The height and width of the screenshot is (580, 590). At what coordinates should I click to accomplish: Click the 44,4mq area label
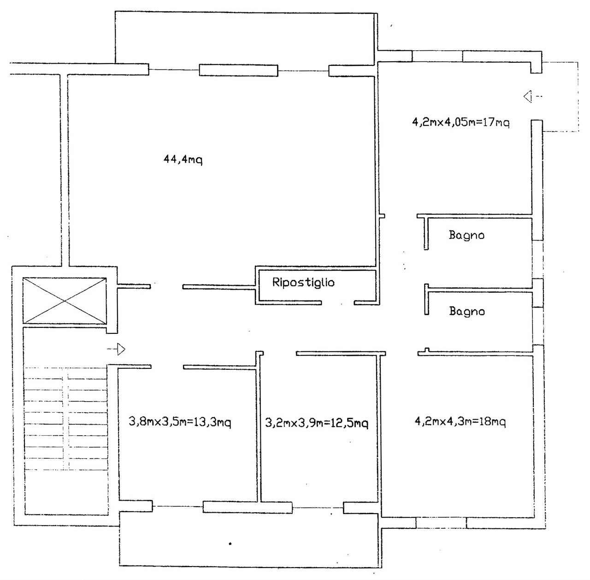(183, 160)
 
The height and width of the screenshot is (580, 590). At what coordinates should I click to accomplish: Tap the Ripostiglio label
(303, 283)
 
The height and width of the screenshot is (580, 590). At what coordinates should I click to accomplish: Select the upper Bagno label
(466, 235)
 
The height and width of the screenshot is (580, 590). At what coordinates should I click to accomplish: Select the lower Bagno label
(467, 311)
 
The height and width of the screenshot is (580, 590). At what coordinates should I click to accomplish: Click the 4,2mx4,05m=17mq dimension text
(461, 122)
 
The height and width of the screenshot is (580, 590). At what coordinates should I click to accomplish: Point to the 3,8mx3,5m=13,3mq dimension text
(180, 422)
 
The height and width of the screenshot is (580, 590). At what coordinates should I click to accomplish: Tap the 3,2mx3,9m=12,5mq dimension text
(317, 423)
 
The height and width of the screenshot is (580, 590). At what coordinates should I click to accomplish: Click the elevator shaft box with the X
(65, 301)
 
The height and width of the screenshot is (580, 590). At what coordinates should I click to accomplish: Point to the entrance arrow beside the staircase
(116, 349)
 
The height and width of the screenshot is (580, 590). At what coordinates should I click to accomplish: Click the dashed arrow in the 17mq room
(533, 97)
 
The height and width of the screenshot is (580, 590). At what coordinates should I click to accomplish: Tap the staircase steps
(65, 418)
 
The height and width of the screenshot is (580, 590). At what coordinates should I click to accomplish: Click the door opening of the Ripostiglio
(338, 303)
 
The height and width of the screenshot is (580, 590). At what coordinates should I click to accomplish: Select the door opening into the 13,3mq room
(167, 367)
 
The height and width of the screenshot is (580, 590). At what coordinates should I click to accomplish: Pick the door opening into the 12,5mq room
(279, 354)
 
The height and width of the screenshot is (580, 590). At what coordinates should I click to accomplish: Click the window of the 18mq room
(441, 523)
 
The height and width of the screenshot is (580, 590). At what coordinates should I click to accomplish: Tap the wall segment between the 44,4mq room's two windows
(238, 70)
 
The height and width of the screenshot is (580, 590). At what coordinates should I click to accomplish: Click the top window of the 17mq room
(437, 56)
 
